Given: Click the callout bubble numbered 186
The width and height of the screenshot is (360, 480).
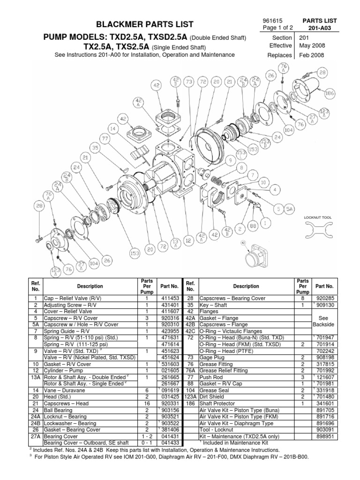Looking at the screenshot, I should pos(330,93).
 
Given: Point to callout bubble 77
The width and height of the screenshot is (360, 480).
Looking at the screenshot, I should pos(105,138).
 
